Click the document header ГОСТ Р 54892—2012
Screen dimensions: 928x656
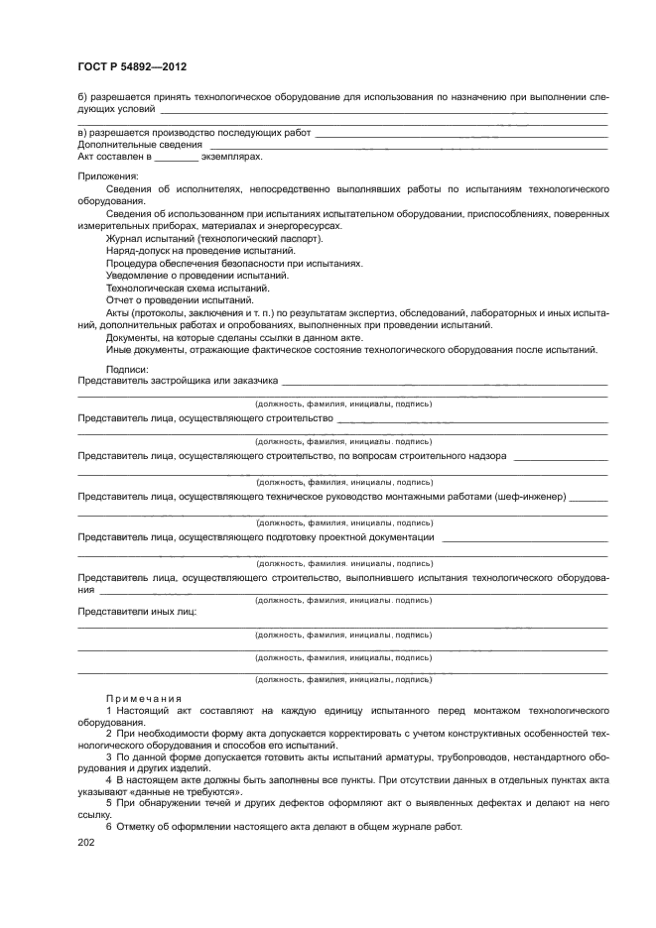coord(132,66)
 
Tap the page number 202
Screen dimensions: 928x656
coord(88,843)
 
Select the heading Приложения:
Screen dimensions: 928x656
coord(108,175)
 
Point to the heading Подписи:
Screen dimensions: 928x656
coord(127,369)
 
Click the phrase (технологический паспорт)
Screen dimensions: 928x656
coord(266,239)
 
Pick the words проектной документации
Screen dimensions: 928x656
coord(375,536)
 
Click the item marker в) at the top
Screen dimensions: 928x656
coord(83,132)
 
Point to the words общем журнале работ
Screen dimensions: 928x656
coord(409,828)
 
